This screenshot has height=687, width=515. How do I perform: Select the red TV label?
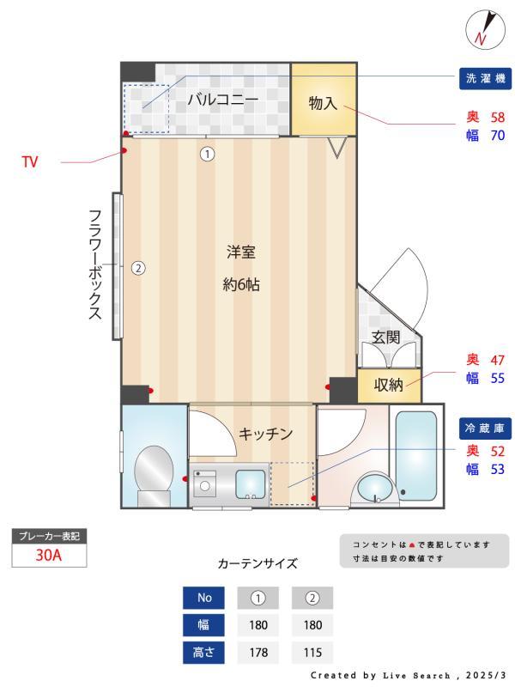[29, 161]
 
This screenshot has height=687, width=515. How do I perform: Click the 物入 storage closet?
[323, 103]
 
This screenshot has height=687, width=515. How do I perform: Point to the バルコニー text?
[222, 100]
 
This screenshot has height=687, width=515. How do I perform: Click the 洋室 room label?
[241, 252]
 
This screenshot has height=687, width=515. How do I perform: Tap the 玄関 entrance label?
[385, 337]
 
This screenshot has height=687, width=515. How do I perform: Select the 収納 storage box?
[389, 385]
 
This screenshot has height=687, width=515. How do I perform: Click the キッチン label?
[266, 434]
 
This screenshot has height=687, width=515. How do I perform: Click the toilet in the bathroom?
[154, 472]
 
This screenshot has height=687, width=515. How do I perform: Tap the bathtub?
[415, 455]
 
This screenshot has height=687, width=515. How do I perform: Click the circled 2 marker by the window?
[137, 268]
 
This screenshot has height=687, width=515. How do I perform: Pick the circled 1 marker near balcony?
[207, 155]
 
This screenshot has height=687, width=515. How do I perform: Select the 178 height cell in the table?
[258, 653]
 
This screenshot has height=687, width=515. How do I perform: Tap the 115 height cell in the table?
[312, 653]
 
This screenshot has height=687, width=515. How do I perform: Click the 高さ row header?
[204, 653]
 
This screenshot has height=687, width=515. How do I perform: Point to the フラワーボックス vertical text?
[95, 264]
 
